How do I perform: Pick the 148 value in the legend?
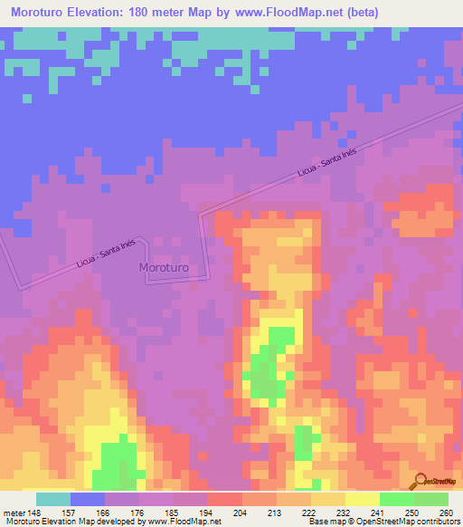[x=35, y=512]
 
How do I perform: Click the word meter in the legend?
[x=13, y=512]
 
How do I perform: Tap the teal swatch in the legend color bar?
[x=53, y=499]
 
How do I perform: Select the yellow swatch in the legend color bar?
[x=362, y=499]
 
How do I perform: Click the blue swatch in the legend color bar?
[x=88, y=499]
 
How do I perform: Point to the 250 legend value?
[x=412, y=512]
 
